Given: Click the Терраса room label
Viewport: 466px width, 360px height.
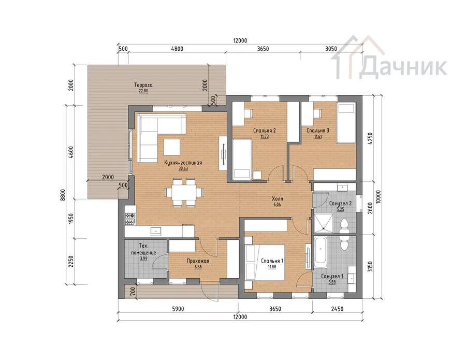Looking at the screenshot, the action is coord(143,85).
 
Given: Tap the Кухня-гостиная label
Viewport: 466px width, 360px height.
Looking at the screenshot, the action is coord(183,163).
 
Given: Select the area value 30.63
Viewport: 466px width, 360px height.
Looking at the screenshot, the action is coord(183,168).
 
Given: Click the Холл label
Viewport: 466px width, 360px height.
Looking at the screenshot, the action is coord(278,199).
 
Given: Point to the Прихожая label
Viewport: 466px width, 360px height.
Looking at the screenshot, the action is coord(198,261).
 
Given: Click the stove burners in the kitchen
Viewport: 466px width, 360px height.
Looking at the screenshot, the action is coord(130,219).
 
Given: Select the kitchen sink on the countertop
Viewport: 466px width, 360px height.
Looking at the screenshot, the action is coord(156,231).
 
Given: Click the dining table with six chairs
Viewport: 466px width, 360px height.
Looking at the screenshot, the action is coord(184,192).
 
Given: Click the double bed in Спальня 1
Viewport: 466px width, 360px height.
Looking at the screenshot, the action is coord(265,262).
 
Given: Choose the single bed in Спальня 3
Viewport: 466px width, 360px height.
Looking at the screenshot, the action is coord(346,123).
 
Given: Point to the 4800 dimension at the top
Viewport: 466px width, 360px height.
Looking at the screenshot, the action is coord(177,49).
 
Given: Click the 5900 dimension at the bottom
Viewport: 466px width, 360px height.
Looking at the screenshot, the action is coord(178,309).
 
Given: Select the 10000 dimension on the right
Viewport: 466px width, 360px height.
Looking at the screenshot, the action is coord(378,196).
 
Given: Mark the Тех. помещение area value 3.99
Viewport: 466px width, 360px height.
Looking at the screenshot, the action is coord(143,258).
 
